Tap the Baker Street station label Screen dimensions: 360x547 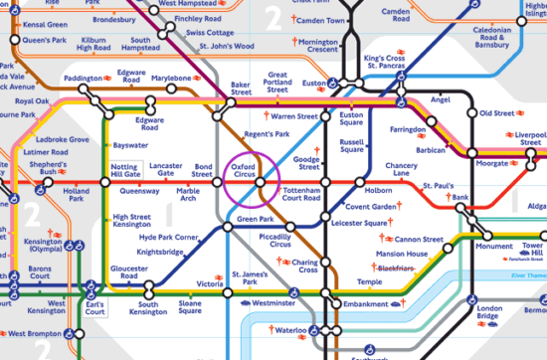(x=246, y=90)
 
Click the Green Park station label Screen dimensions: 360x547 (x=255, y=219)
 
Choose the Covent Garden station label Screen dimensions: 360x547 (x=371, y=206)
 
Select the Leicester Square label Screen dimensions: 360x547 (x=360, y=224)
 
